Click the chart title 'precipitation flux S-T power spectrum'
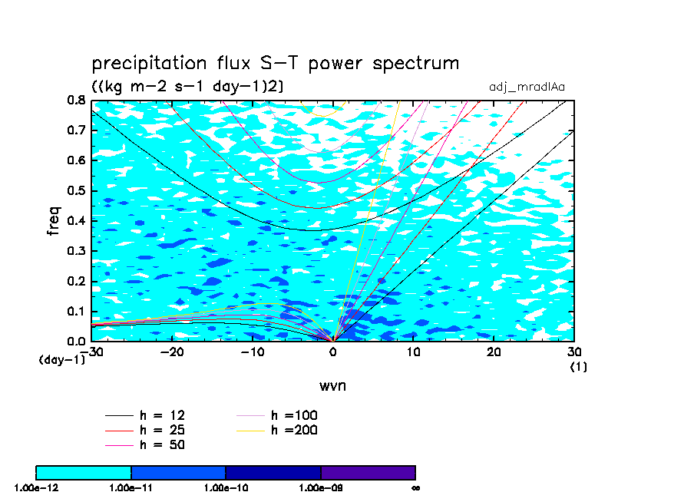[275, 64]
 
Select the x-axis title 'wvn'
[332, 385]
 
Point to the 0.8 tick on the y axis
[77, 100]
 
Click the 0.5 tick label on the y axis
[77, 190]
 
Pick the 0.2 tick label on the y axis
[77, 281]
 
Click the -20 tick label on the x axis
[171, 352]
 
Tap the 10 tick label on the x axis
[413, 352]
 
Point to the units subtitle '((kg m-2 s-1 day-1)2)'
[187, 87]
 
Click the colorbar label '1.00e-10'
[226, 487]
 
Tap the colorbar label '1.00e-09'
[320, 487]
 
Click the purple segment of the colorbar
[368, 472]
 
